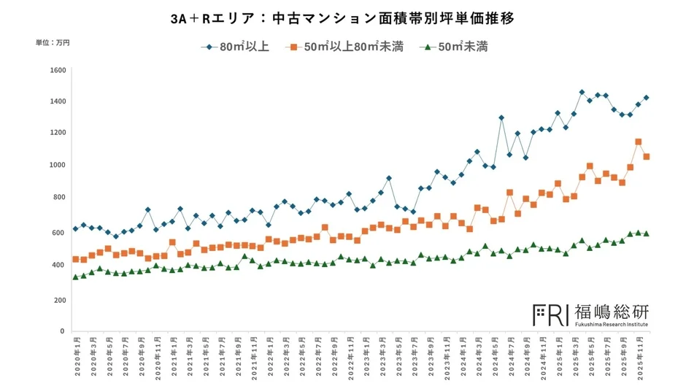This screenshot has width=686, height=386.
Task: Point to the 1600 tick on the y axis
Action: (x=58, y=70)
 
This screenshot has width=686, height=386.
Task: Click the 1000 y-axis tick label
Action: (x=58, y=165)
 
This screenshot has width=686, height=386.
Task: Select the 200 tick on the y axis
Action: (x=60, y=300)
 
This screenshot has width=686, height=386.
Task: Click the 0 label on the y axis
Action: (x=63, y=331)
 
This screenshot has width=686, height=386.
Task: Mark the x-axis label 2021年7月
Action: (x=220, y=355)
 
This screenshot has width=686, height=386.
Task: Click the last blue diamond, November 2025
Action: (x=647, y=98)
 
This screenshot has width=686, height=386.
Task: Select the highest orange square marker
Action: (x=639, y=142)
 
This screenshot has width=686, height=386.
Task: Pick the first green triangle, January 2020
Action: (x=76, y=277)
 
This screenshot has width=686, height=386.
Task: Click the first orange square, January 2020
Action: (x=76, y=259)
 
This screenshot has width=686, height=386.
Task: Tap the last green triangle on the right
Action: (x=647, y=233)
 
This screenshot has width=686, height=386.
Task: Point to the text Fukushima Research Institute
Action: (x=611, y=323)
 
